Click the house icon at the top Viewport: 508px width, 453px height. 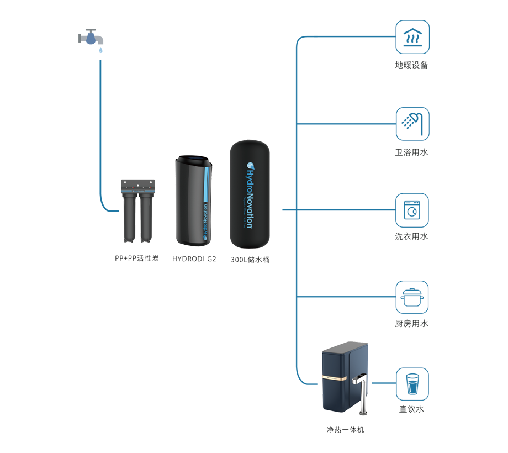413,36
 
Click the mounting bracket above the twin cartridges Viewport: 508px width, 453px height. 137,184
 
